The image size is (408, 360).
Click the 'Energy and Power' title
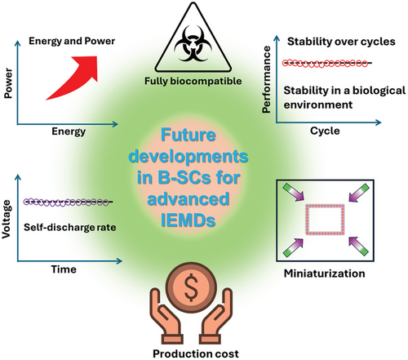(72, 42)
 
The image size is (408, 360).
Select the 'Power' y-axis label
(8, 83)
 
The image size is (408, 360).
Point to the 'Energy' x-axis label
(69, 131)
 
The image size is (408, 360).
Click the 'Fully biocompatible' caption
(193, 81)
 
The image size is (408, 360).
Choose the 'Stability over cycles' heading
(341, 42)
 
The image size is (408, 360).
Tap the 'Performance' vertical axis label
(266, 79)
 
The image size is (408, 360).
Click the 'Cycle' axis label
(325, 131)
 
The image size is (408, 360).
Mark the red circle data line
(326, 64)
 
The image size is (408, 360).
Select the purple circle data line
(68, 202)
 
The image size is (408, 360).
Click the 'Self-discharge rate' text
(70, 228)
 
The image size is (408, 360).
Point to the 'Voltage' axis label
(7, 220)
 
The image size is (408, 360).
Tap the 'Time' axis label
(64, 269)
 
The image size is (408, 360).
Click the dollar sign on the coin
(191, 287)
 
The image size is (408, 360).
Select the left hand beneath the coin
(166, 318)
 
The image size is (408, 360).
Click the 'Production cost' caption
(196, 353)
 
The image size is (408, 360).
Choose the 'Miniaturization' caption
(325, 273)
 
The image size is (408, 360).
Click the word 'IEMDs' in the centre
(188, 220)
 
